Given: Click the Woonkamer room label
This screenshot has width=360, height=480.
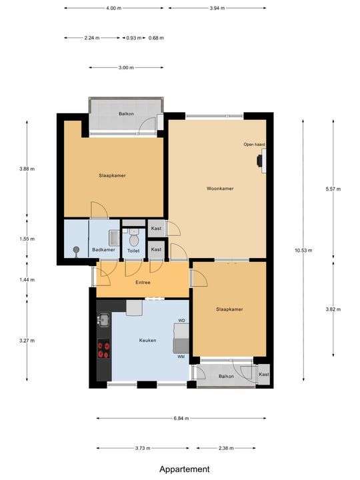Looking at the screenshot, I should coord(220,189).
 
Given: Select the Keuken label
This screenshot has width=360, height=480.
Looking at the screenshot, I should coord(147,340).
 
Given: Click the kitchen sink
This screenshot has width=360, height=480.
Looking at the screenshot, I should coord(103,321).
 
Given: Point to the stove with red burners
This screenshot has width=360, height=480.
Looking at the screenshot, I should coord(103,350).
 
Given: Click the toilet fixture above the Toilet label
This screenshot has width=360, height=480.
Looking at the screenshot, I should coord(133,238).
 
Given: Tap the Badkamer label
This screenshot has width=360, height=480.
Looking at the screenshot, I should coord(103,250).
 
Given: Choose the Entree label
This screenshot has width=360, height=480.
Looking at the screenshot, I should coord(143,283).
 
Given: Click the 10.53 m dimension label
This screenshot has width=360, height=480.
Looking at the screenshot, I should coord(303,251).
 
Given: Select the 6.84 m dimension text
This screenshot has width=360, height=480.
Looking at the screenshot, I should coord(180,419).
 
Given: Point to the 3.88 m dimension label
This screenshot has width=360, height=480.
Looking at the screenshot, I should coord(27,169).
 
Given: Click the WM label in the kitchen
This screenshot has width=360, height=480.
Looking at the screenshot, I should coord(181,357).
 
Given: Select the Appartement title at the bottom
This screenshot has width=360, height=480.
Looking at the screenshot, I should coord(184,469).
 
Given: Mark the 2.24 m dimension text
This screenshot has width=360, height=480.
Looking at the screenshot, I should coord(91,38).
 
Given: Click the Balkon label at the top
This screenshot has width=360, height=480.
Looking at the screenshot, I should coord(126,114).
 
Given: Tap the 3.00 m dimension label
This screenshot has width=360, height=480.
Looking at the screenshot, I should coord(126,67).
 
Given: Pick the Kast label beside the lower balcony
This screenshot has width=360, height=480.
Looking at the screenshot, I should coord(264,375).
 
